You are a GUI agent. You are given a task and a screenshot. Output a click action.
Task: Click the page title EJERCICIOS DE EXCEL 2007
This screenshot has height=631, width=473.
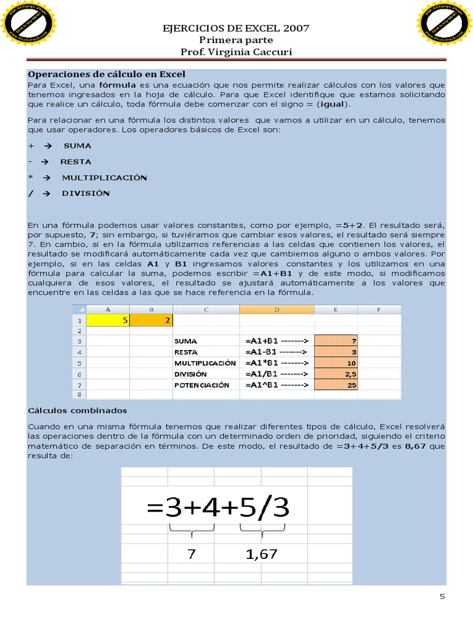(x=235, y=28)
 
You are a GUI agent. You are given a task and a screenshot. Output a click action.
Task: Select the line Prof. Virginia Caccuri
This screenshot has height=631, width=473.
(x=235, y=52)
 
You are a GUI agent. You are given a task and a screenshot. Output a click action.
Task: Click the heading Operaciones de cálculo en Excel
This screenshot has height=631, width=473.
(x=107, y=74)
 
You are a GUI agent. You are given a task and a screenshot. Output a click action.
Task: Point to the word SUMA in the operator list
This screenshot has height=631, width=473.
(x=78, y=146)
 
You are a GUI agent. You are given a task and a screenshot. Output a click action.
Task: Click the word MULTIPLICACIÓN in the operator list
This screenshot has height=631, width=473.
(x=104, y=177)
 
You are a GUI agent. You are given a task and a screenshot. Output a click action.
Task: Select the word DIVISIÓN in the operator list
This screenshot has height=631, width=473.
(x=86, y=193)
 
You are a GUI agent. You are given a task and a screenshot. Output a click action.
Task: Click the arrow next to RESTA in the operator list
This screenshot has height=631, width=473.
(x=45, y=162)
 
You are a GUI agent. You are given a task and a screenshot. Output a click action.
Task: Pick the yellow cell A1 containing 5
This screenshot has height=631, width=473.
(x=108, y=320)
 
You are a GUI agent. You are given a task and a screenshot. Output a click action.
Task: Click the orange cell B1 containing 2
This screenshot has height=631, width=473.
(x=151, y=320)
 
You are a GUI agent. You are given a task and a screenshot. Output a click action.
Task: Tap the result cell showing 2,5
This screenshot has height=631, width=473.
(x=336, y=374)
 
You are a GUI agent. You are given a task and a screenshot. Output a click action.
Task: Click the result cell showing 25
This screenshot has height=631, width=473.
(x=336, y=385)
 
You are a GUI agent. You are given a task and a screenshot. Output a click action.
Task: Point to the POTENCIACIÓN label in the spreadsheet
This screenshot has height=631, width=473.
(x=201, y=385)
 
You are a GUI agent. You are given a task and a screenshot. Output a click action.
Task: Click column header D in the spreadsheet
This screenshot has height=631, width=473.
(x=277, y=309)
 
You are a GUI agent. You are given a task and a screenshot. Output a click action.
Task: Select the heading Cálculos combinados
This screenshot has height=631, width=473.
(x=78, y=410)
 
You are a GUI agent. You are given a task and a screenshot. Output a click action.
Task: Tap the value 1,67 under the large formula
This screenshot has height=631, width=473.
(x=261, y=554)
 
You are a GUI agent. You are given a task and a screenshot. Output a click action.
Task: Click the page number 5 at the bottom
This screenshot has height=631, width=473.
(x=442, y=596)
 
